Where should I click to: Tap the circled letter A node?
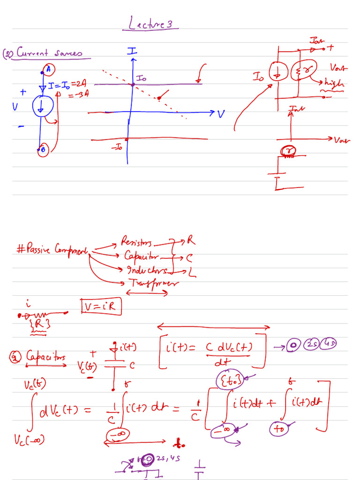pos(49,70)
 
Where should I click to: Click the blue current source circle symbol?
pos(41,106)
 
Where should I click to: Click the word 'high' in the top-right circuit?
pos(334,84)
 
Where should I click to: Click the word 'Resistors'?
pos(136,242)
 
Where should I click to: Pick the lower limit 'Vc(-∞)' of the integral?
pos(28,439)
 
